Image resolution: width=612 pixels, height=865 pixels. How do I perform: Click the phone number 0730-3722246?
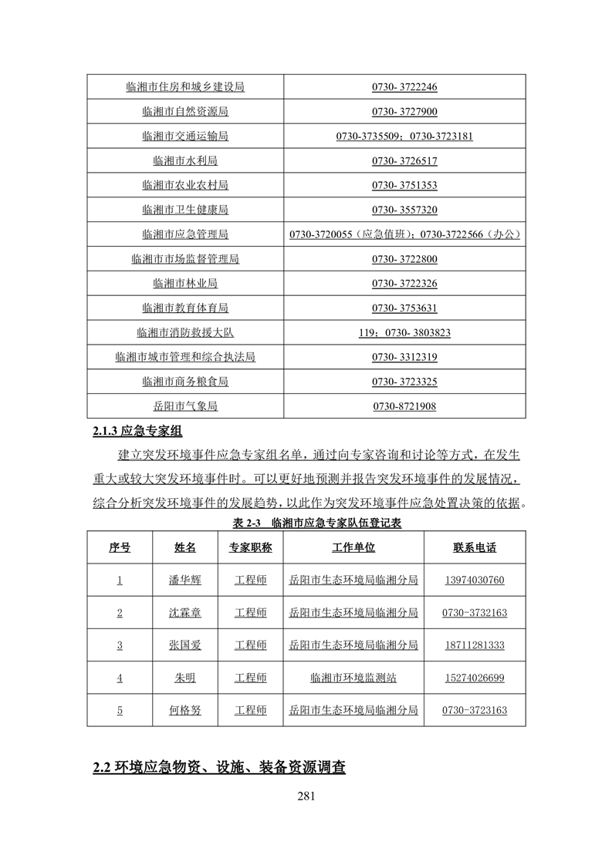click(x=404, y=87)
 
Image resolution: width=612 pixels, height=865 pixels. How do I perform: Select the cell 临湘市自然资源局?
click(x=185, y=112)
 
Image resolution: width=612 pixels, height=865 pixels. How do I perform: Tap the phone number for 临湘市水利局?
click(x=404, y=161)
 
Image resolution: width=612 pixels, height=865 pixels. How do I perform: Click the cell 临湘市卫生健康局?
click(x=185, y=210)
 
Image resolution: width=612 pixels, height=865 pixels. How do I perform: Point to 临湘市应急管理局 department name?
click(x=185, y=234)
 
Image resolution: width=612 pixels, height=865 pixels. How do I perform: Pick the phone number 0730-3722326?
click(x=404, y=284)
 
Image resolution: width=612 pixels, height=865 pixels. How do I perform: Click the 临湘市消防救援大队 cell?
click(x=185, y=333)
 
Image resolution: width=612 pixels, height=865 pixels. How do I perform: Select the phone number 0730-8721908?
click(x=404, y=406)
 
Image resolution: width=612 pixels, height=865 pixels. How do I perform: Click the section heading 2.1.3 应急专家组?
click(x=137, y=431)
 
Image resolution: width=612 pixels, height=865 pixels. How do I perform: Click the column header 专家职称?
click(x=251, y=547)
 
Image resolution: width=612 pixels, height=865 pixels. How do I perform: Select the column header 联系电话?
click(x=475, y=547)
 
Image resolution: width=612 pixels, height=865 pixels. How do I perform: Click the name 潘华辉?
click(x=185, y=580)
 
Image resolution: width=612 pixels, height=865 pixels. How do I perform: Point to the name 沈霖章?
click(x=185, y=612)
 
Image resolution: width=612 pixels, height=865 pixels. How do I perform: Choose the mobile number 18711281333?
click(x=475, y=645)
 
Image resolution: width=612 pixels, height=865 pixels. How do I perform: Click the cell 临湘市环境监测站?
click(x=353, y=678)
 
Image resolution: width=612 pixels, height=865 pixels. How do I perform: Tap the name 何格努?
click(x=185, y=710)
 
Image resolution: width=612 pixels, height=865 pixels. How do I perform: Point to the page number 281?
click(x=306, y=796)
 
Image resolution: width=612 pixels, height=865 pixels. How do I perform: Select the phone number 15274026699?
click(x=475, y=678)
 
